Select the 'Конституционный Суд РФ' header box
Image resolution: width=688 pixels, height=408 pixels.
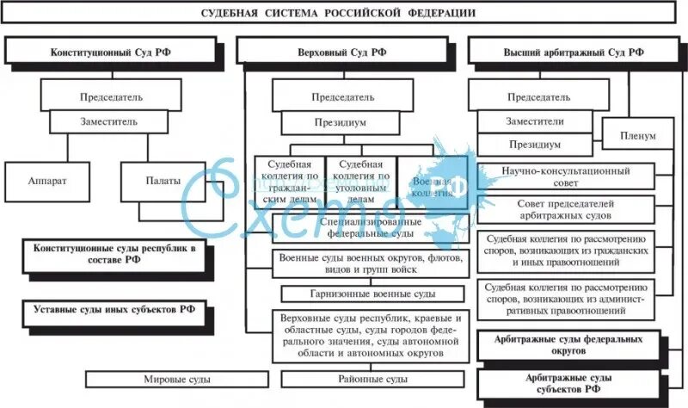(x=110, y=52)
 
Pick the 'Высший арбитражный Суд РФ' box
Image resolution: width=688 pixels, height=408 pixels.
(x=573, y=52)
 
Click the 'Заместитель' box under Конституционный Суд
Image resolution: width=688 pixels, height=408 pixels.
(x=108, y=121)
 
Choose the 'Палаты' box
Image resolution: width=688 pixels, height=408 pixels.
(x=163, y=182)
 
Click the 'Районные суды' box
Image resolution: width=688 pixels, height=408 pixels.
(x=372, y=379)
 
